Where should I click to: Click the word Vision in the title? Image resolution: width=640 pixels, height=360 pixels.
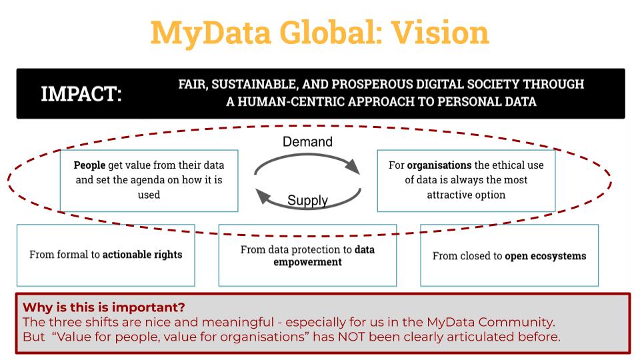pos(440,33)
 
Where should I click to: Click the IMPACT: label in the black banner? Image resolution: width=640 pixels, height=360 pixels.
pos(81,94)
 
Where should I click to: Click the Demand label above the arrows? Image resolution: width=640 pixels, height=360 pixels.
pos(307,141)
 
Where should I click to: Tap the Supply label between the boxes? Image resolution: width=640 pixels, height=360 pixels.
pos(307,200)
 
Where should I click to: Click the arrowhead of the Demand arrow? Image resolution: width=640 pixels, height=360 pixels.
pos(352,167)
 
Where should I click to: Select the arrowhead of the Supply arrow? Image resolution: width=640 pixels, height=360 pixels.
pos(263,196)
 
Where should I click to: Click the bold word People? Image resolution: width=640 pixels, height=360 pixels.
pos(89,165)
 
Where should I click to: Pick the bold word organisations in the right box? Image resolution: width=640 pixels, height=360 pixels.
pos(439,165)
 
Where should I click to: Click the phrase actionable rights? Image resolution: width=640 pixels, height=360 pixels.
pos(142,255)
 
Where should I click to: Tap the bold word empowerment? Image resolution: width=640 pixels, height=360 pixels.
pos(307,262)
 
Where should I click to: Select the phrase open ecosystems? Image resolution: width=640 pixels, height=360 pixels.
pos(545,256)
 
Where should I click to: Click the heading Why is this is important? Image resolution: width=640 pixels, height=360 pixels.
pos(104,307)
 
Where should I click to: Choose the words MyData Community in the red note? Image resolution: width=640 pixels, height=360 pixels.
pos(491,323)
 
